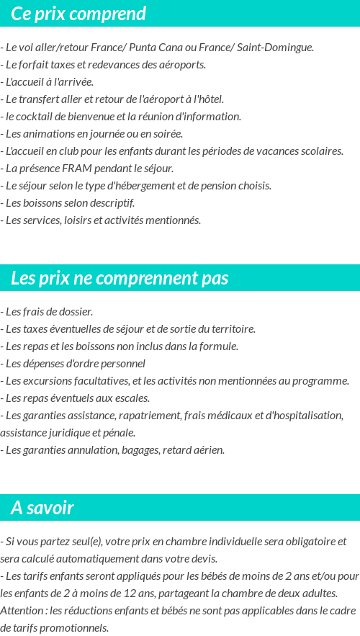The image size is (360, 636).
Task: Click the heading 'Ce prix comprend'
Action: (x=78, y=14)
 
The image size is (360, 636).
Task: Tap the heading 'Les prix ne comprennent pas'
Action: (x=120, y=278)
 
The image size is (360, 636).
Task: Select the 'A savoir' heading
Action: (x=42, y=508)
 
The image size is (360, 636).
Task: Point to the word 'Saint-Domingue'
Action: (x=277, y=48)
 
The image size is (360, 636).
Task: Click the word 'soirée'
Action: (x=166, y=134)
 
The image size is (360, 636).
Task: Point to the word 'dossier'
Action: (x=77, y=312)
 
